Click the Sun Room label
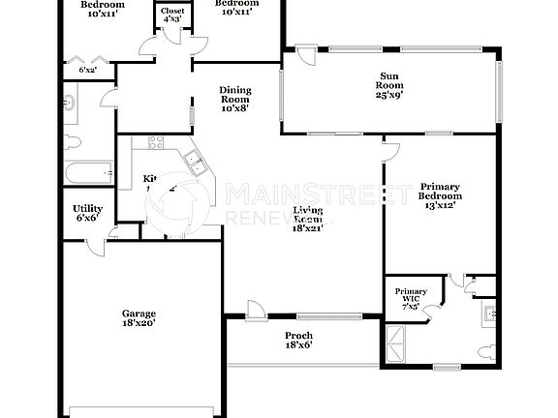(388, 85)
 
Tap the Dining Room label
(235, 99)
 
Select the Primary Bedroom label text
(440, 195)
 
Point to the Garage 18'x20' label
(139, 318)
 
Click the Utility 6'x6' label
(87, 213)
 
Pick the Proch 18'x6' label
(298, 341)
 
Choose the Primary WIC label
(408, 295)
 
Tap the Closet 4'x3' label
(172, 15)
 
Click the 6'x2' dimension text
(87, 70)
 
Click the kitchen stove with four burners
(154, 144)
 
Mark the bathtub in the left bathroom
(86, 175)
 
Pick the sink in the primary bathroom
(491, 313)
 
